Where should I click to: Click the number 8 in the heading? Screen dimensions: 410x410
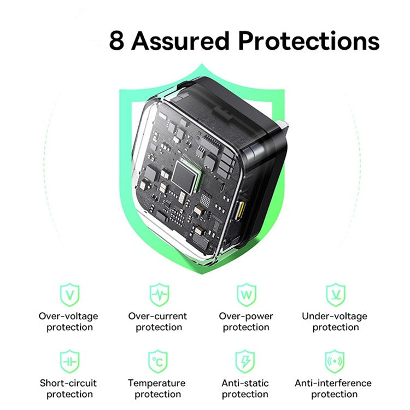116,40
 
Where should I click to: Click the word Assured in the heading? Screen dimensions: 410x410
180,40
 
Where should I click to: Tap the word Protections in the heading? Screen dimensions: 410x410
309,40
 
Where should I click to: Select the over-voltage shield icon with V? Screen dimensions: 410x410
69,295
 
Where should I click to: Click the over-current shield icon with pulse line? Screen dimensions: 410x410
159,295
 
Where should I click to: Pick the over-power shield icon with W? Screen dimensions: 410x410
247,295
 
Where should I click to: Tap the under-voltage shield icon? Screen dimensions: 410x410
336,295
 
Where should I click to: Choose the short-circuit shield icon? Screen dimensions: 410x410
69,362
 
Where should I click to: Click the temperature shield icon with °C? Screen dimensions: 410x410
158,362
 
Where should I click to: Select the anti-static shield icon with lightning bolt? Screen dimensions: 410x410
245,362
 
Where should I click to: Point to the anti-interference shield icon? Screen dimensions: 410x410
335,362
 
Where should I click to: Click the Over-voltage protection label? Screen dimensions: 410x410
68,322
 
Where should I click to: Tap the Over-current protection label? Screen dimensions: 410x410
157,322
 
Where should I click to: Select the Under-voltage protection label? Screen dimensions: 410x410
335,322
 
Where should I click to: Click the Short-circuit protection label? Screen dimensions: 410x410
68,389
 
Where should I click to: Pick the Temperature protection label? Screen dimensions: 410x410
157,389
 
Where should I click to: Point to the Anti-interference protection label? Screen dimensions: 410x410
333,389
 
